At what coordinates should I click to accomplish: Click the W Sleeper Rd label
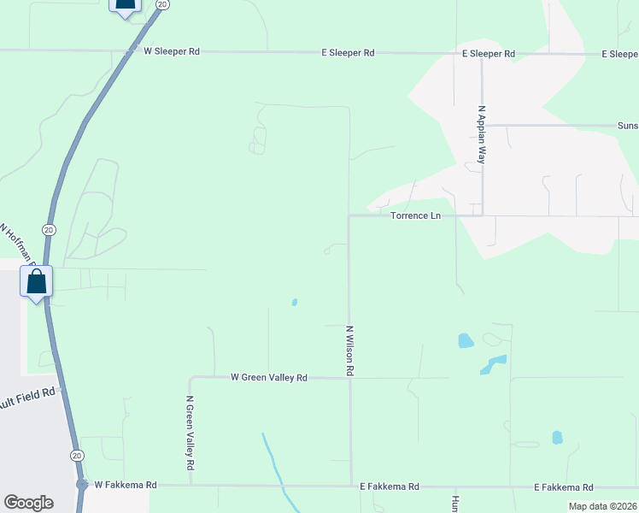pyautogui.click(x=172, y=51)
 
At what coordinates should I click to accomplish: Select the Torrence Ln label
pyautogui.click(x=415, y=215)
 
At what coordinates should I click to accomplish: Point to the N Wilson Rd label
pyautogui.click(x=349, y=351)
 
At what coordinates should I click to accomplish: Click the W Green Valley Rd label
pyautogui.click(x=268, y=377)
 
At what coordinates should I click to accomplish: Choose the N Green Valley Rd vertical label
pyautogui.click(x=191, y=433)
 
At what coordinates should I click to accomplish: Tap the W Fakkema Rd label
pyautogui.click(x=126, y=485)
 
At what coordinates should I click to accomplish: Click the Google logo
pyautogui.click(x=28, y=503)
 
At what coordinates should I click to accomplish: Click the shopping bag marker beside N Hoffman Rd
pyautogui.click(x=37, y=282)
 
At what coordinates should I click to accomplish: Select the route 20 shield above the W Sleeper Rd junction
pyautogui.click(x=162, y=4)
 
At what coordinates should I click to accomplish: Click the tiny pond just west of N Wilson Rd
pyautogui.click(x=295, y=302)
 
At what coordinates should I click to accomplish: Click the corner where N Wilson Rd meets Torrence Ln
pyautogui.click(x=349, y=216)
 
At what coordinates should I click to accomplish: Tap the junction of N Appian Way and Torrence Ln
pyautogui.click(x=482, y=215)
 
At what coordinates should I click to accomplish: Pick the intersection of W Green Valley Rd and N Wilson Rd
pyautogui.click(x=349, y=377)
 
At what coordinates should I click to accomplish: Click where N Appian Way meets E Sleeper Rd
pyautogui.click(x=482, y=54)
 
